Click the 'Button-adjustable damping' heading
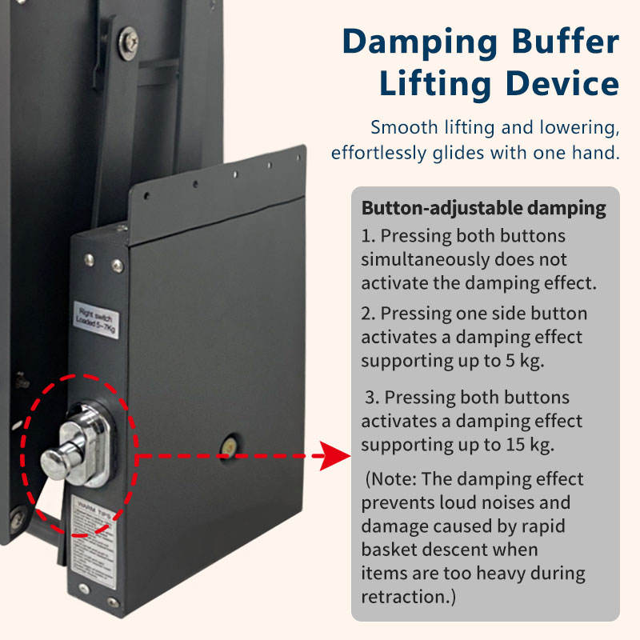point(483,209)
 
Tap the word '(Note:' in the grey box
point(392,479)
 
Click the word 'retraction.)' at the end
point(413,596)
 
